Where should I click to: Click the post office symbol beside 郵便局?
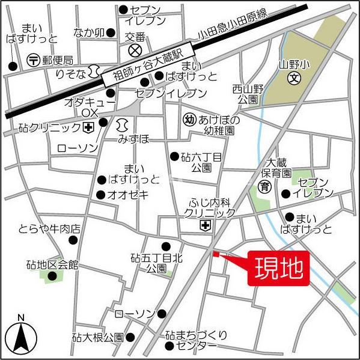tap(34, 59)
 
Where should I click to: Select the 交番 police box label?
tap(135, 36)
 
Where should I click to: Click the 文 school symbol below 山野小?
tap(294, 78)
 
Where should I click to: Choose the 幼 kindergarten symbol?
tap(189, 119)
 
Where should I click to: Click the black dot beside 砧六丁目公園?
tap(174, 156)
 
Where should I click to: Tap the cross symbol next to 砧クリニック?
tap(88, 127)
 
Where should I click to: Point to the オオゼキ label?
tap(130, 195)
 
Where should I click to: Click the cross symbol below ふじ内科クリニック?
tap(206, 225)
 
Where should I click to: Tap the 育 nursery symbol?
tap(264, 188)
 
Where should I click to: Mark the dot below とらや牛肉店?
tap(74, 240)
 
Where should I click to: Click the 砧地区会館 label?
tap(52, 264)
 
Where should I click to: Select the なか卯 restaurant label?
tap(89, 32)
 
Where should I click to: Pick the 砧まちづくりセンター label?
tap(196, 340)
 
